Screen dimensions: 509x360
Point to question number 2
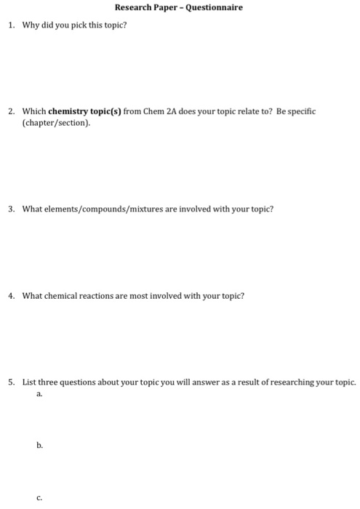(11, 112)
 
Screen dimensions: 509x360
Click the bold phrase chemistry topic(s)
(80, 112)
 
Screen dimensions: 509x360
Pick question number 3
(11, 209)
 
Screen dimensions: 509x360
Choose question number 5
(11, 382)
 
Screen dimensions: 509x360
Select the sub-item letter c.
(39, 498)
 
